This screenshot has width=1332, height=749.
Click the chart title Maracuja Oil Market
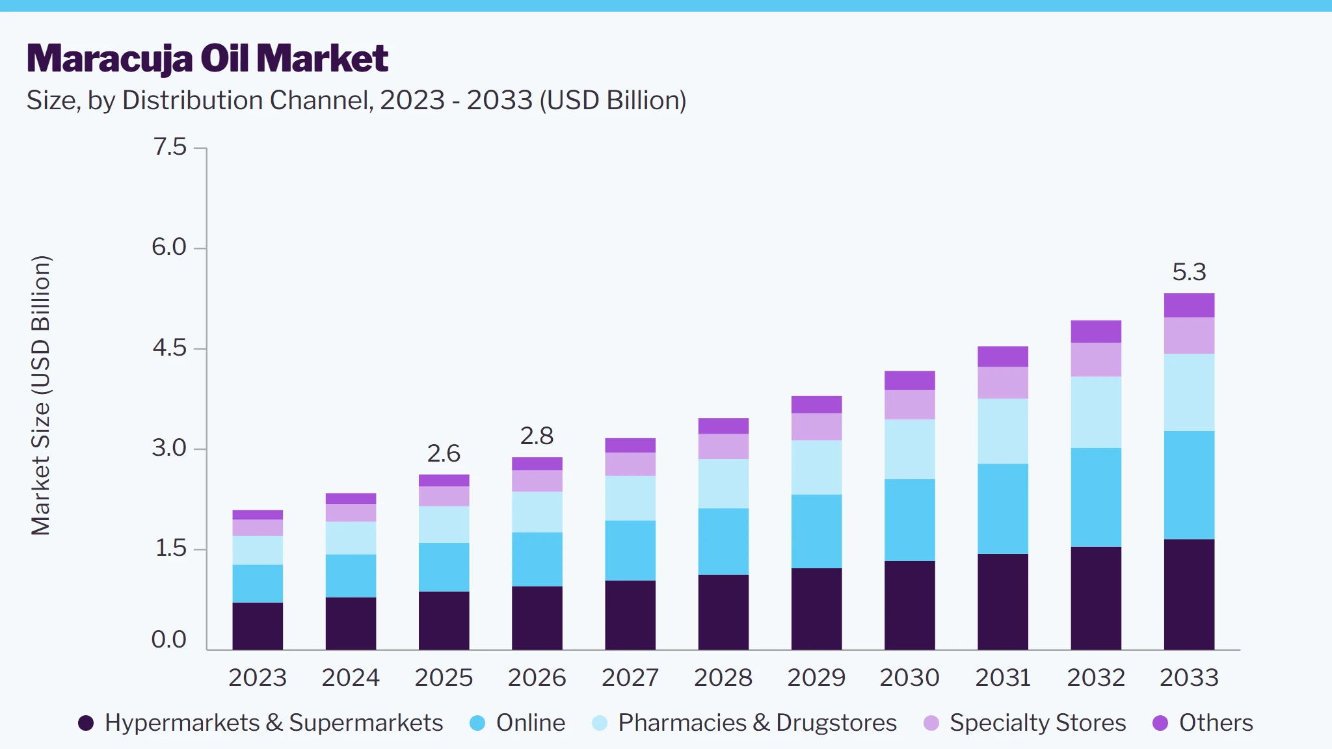[x=207, y=59]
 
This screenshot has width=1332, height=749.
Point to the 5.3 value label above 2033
[x=1189, y=272]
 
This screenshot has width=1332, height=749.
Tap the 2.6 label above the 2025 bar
[x=444, y=453]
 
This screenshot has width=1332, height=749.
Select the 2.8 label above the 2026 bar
[x=537, y=436]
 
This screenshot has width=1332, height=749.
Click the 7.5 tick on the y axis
[x=170, y=147]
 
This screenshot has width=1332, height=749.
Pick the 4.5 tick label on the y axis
[x=169, y=348]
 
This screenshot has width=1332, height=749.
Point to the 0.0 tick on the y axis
[x=169, y=639]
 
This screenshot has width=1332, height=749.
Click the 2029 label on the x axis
[x=816, y=677]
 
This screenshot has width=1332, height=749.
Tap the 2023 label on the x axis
[x=258, y=677]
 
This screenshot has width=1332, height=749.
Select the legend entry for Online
[x=518, y=723]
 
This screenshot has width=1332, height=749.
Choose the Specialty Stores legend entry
[x=1025, y=723]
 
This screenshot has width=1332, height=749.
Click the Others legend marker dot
[x=1160, y=723]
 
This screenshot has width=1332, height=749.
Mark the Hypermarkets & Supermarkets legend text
[x=274, y=723]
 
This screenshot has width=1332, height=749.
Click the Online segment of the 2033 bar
[x=1189, y=485]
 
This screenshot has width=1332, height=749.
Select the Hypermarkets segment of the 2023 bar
[x=258, y=626]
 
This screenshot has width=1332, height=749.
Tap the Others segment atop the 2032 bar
[x=1096, y=332]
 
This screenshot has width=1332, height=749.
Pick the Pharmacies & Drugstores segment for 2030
[x=910, y=449]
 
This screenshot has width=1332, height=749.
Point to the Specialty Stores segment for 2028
[x=723, y=447]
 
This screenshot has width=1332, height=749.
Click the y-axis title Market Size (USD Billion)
[x=40, y=395]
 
